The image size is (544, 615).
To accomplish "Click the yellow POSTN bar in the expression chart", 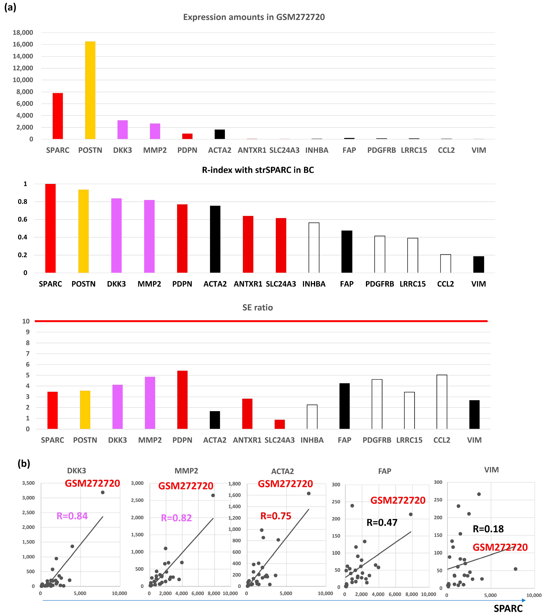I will point(90,90).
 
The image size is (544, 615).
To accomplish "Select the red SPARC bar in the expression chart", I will point(58,116).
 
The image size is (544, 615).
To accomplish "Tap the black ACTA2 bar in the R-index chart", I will point(215,239).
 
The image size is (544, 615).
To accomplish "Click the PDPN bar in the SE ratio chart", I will point(182,400).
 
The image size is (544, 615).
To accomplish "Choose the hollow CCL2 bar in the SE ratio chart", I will point(442,402).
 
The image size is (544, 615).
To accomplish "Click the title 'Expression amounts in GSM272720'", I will point(254,17).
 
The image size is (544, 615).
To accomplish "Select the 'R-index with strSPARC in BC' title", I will point(258,170).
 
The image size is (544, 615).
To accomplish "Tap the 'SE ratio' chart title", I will point(258,307).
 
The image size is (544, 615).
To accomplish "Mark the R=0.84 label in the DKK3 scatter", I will point(72,516).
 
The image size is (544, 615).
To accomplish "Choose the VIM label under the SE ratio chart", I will point(474,440).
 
